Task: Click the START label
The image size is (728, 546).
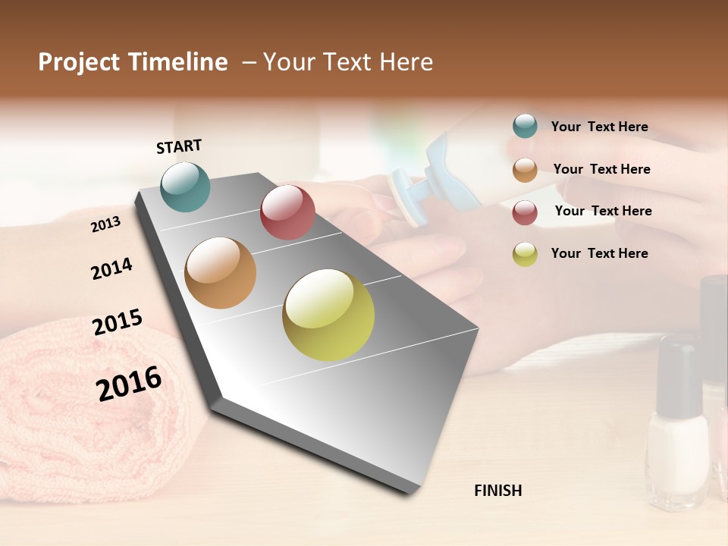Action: [x=179, y=146]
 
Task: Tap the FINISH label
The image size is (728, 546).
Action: [x=497, y=491]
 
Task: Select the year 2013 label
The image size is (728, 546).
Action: [x=105, y=224]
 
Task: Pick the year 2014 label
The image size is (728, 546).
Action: [x=111, y=268]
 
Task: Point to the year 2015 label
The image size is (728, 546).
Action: [x=118, y=322]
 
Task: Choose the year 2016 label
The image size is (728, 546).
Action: [x=129, y=383]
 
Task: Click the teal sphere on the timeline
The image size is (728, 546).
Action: [x=186, y=187]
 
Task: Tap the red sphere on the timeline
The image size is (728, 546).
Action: [x=287, y=212]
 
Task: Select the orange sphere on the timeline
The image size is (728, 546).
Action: [x=220, y=272]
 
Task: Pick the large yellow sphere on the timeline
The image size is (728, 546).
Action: [x=328, y=315]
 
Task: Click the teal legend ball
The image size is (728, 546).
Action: [x=525, y=126]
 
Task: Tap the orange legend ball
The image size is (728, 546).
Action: [x=525, y=170]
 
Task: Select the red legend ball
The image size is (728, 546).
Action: [x=525, y=212]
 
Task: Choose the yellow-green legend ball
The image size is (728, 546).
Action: [x=525, y=254]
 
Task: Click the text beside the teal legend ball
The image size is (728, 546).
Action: [x=599, y=127]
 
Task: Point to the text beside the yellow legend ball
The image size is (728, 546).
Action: [x=599, y=253]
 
